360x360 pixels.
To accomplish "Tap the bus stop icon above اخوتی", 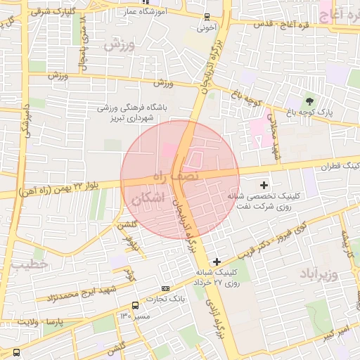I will click(x=206, y=17).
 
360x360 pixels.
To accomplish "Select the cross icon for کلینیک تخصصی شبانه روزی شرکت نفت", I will click(x=264, y=186).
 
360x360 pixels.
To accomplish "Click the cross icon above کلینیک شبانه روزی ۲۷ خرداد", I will click(x=217, y=262).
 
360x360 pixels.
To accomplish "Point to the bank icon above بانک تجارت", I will click(x=165, y=288).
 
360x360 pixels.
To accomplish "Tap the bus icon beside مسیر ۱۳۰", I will click(x=135, y=305).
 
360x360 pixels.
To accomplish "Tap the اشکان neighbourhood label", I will click(x=147, y=199).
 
